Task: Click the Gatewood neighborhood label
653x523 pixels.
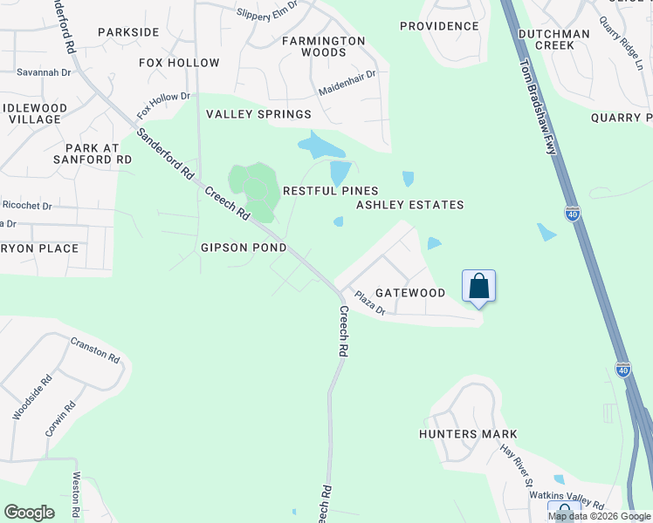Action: (x=409, y=293)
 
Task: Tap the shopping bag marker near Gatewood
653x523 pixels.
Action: (x=479, y=286)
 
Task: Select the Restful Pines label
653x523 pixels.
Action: (x=330, y=191)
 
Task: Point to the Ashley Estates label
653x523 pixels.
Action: (x=409, y=205)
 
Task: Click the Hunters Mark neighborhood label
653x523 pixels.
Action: (x=468, y=434)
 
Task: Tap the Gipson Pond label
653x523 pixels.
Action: (x=244, y=248)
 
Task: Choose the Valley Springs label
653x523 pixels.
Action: (x=258, y=114)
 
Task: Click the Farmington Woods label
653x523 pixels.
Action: (x=324, y=46)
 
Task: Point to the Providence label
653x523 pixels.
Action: (x=439, y=26)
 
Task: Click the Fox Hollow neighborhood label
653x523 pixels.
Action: (x=179, y=63)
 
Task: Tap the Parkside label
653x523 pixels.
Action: (x=128, y=32)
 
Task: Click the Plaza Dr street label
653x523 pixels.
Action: (x=370, y=304)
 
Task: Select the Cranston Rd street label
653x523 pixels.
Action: (x=95, y=350)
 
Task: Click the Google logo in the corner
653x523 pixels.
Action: (x=29, y=513)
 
